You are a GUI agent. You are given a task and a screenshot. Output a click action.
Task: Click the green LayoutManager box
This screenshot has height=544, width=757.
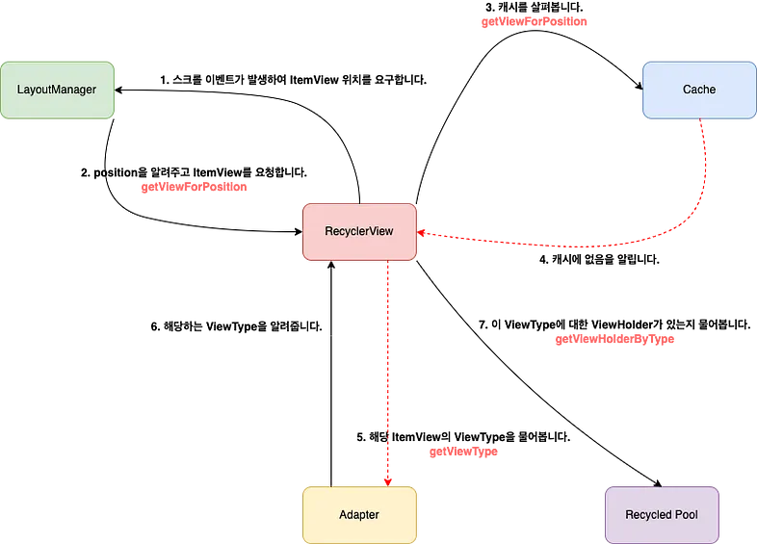click(57, 90)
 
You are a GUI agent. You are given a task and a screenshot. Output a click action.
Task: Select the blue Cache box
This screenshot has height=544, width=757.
click(699, 90)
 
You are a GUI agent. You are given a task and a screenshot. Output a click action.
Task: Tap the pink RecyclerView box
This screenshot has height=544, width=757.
click(360, 232)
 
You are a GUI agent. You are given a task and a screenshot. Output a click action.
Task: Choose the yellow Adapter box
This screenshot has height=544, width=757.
click(359, 515)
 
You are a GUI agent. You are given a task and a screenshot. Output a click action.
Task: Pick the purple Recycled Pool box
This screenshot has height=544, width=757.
click(662, 515)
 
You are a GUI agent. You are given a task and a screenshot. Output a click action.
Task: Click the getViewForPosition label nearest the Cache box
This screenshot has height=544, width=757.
click(534, 21)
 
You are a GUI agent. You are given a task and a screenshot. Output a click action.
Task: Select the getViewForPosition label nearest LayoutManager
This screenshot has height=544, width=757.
click(194, 187)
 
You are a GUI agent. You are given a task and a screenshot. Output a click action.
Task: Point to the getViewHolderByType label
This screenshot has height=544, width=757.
click(614, 339)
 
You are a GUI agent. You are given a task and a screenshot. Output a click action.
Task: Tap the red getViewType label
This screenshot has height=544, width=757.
click(463, 452)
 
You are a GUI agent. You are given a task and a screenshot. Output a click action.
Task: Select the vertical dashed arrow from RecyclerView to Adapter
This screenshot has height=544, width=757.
click(387, 376)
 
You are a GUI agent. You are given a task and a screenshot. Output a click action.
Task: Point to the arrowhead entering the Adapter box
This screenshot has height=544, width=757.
click(387, 480)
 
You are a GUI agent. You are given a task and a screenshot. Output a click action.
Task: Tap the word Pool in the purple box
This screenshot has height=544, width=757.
click(686, 515)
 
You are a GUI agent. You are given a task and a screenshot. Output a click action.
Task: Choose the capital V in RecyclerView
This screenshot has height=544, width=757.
click(370, 232)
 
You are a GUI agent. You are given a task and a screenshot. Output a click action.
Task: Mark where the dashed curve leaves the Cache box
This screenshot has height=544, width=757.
click(700, 120)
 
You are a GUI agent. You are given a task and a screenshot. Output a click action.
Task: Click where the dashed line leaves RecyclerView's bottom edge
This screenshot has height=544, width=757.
click(387, 262)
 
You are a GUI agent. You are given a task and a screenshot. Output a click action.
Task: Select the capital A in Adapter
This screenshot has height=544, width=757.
click(343, 515)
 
